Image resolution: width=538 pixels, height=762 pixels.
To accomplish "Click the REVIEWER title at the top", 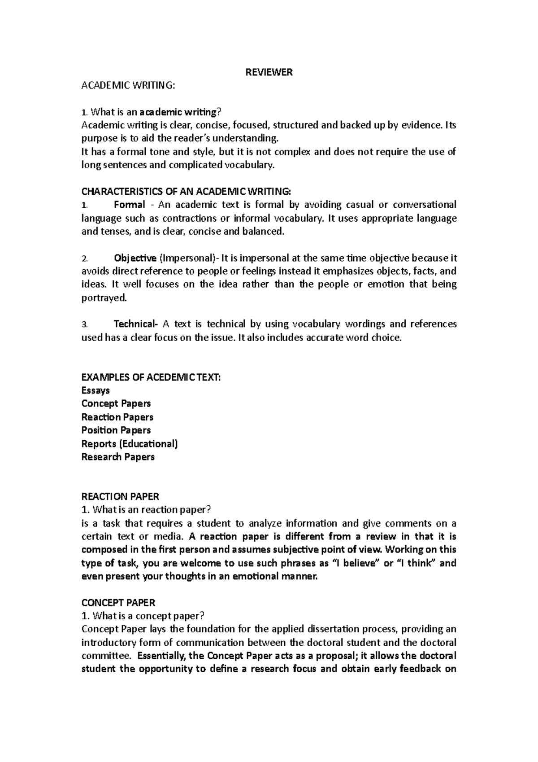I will click(269, 72).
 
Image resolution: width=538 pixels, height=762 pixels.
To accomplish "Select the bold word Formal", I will click(129, 205).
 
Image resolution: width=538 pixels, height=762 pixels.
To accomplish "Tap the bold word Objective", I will click(135, 258).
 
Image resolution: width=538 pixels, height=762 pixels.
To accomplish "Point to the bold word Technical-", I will click(136, 324).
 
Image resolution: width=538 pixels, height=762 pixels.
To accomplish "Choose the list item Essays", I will click(95, 390).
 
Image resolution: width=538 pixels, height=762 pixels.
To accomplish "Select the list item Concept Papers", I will click(116, 403).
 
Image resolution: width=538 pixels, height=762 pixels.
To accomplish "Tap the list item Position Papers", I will click(116, 430).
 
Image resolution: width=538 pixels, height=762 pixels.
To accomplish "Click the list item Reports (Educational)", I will click(130, 444).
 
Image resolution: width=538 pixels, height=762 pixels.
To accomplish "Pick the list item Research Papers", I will click(118, 457).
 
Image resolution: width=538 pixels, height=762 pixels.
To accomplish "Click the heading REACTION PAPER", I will click(120, 496).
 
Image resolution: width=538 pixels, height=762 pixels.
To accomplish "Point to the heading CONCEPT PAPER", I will click(118, 603).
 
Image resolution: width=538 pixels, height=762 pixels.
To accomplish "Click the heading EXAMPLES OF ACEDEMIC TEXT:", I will click(151, 377).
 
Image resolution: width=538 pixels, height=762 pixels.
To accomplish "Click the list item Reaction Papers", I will click(117, 417).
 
